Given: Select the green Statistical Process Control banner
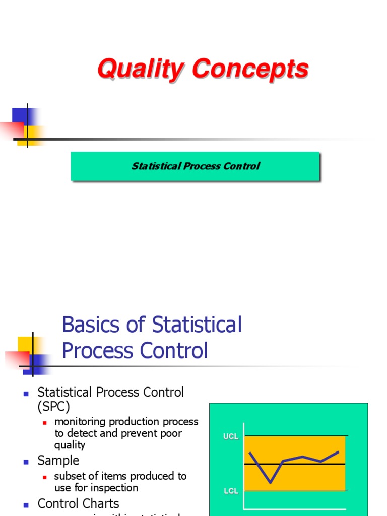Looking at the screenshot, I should coord(195,166).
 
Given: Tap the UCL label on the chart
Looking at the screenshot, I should coord(231,437).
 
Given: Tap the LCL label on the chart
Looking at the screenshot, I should coord(231,491).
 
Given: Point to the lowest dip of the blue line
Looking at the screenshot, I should coord(271,482).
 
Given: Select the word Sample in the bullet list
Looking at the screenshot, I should coord(58,460).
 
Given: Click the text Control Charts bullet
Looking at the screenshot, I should coord(79,503).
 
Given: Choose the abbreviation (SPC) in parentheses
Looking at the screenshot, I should coord(54,406).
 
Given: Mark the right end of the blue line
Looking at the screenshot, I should coord(338,452).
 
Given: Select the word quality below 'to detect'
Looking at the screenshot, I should coord(70,445).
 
